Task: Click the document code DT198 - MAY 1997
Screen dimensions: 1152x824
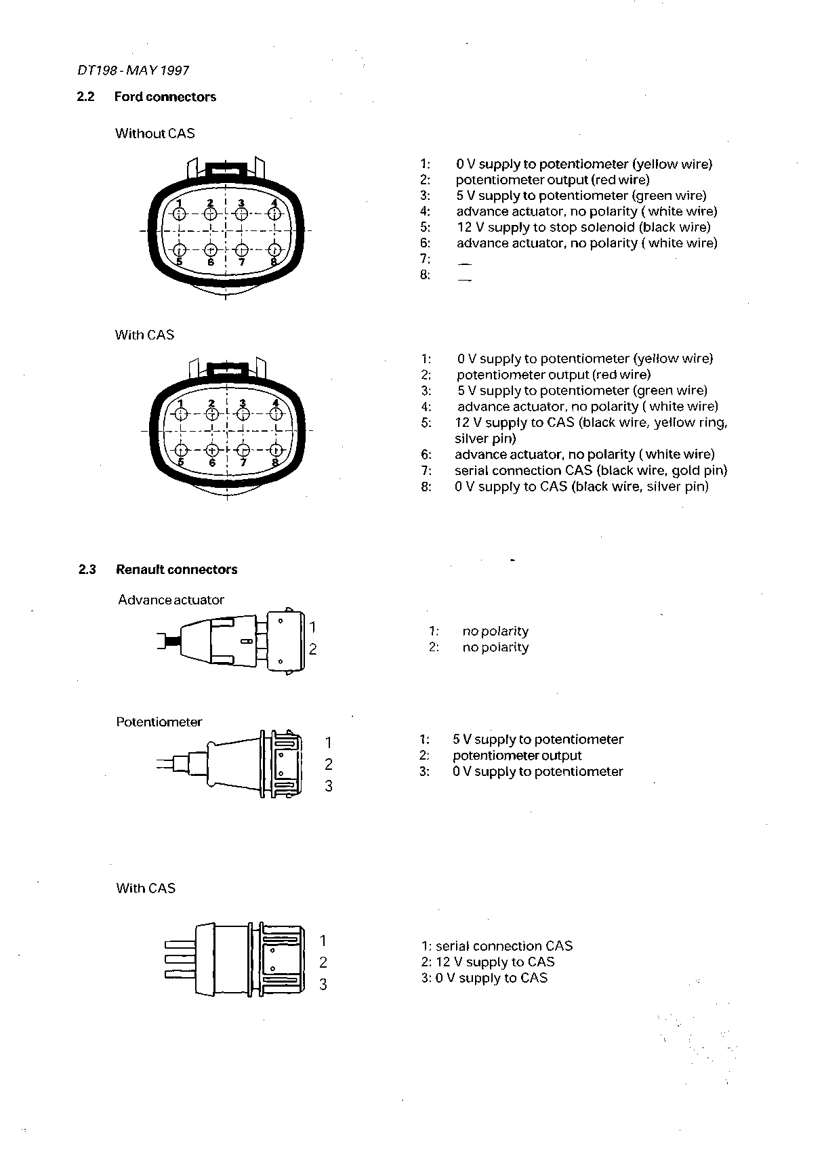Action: [133, 70]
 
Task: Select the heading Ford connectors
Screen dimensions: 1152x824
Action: [165, 97]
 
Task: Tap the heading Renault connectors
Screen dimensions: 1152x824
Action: [176, 569]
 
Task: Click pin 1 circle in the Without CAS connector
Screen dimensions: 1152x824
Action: [179, 214]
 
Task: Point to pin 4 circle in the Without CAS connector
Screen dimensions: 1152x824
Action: [274, 214]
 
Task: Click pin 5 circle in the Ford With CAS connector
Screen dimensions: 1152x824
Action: [180, 449]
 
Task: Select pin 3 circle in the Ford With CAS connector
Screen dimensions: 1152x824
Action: [243, 414]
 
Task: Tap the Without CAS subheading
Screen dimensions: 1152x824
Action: [154, 133]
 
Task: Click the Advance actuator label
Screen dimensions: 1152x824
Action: [171, 600]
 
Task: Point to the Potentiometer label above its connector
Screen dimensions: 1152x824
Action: [159, 722]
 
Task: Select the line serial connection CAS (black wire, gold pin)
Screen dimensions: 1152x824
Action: [591, 470]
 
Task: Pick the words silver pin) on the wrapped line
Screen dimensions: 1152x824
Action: [485, 439]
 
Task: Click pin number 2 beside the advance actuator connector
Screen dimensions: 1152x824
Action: [313, 649]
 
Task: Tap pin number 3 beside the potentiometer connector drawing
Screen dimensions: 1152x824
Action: [329, 786]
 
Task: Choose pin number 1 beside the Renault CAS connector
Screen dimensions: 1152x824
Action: [323, 941]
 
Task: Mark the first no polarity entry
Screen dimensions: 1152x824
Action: [495, 632]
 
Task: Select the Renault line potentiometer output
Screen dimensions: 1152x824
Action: [517, 756]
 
